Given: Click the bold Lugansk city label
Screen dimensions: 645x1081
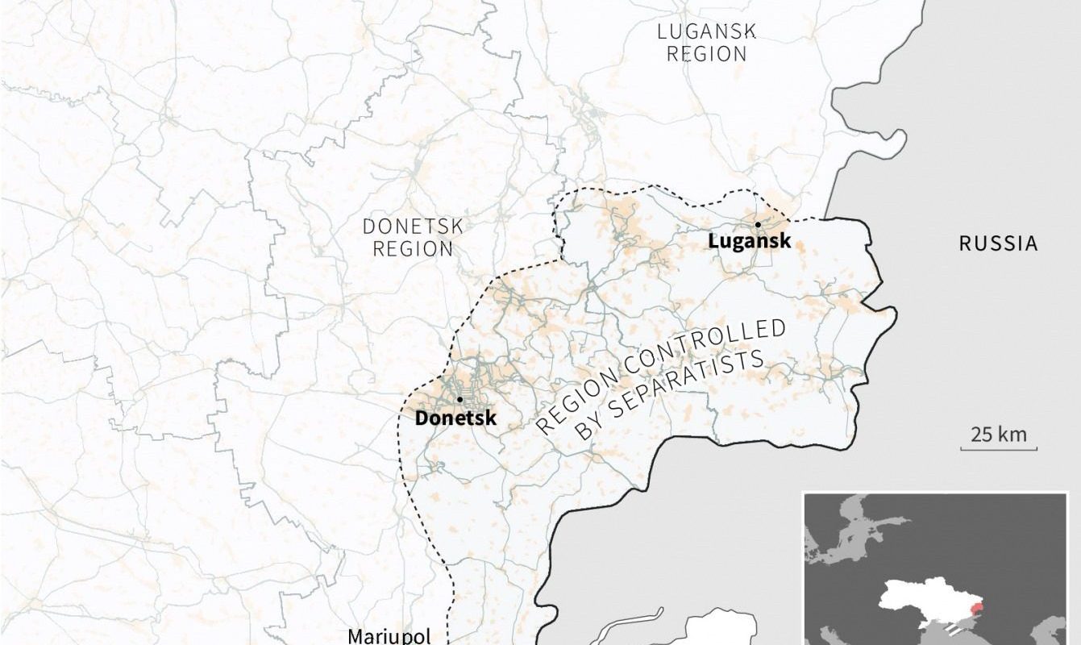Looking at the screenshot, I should (x=749, y=240).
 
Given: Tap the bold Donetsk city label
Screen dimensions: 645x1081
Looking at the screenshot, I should (x=455, y=418).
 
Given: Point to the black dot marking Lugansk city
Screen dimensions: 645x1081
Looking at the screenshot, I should (x=758, y=224).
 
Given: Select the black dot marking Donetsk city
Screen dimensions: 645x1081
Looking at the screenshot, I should (x=459, y=399).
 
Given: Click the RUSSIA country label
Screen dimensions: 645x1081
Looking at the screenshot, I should (x=998, y=243).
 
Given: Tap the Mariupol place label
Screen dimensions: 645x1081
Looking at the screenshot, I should (x=389, y=635).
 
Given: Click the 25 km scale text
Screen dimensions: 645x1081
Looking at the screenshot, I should (x=999, y=435).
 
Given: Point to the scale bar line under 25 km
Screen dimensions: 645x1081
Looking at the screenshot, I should (x=999, y=449).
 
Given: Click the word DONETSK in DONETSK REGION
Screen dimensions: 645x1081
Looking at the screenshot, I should (x=413, y=227).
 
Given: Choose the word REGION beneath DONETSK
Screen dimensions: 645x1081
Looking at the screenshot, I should (x=413, y=248).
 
